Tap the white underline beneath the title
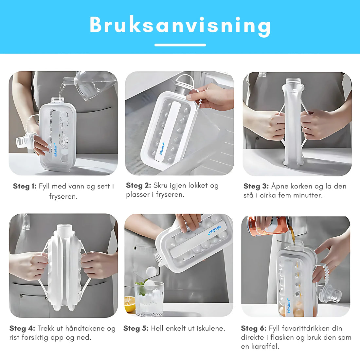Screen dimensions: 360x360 pyautogui.click(x=180, y=45)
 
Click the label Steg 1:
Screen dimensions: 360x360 pyautogui.click(x=25, y=186)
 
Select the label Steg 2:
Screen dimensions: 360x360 pyautogui.click(x=138, y=185)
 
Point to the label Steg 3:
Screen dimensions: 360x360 pyautogui.click(x=256, y=186)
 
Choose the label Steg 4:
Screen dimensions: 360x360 pyautogui.click(x=22, y=328)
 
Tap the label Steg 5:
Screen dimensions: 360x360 pyautogui.click(x=136, y=328)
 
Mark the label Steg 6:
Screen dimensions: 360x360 pyautogui.click(x=253, y=328)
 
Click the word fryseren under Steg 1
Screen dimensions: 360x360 pyautogui.click(x=63, y=197)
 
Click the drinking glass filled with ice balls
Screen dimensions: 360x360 pyautogui.click(x=149, y=298)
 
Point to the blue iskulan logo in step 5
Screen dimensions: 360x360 pyautogui.click(x=215, y=230)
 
